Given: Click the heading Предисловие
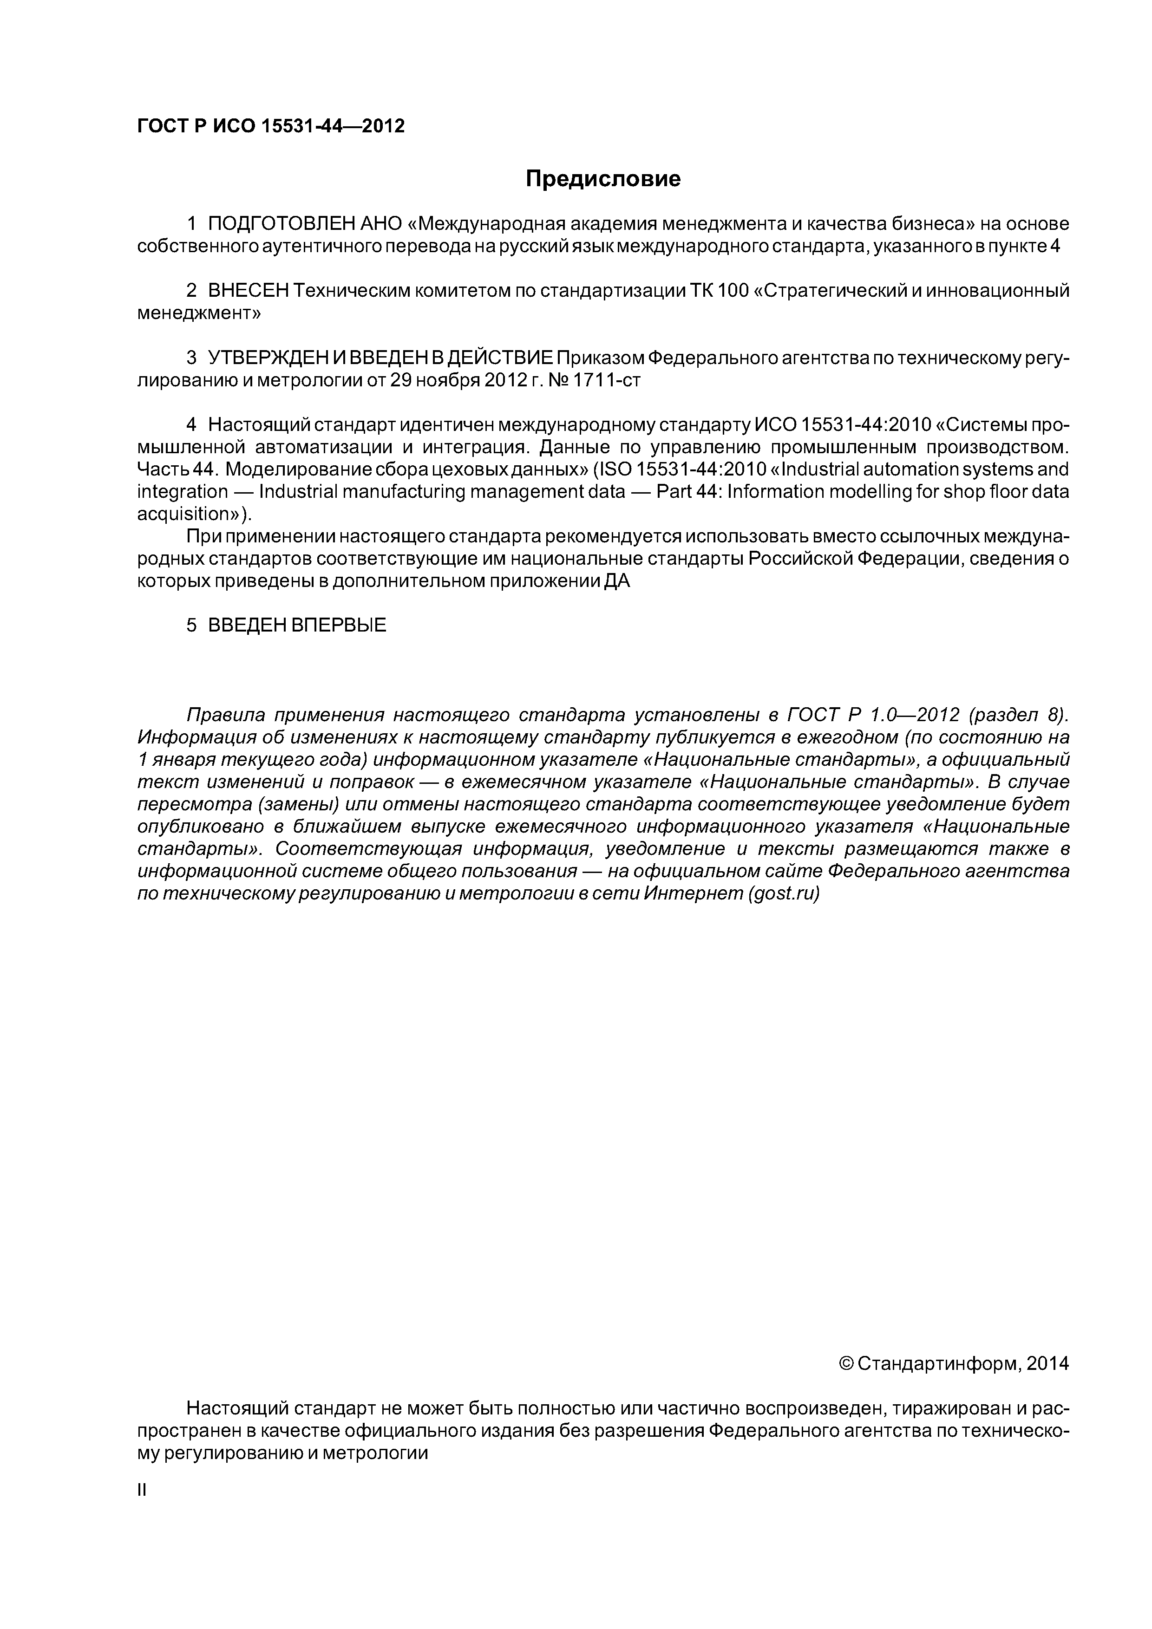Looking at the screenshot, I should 602,179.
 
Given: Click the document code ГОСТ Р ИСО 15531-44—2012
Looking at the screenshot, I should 270,126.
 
